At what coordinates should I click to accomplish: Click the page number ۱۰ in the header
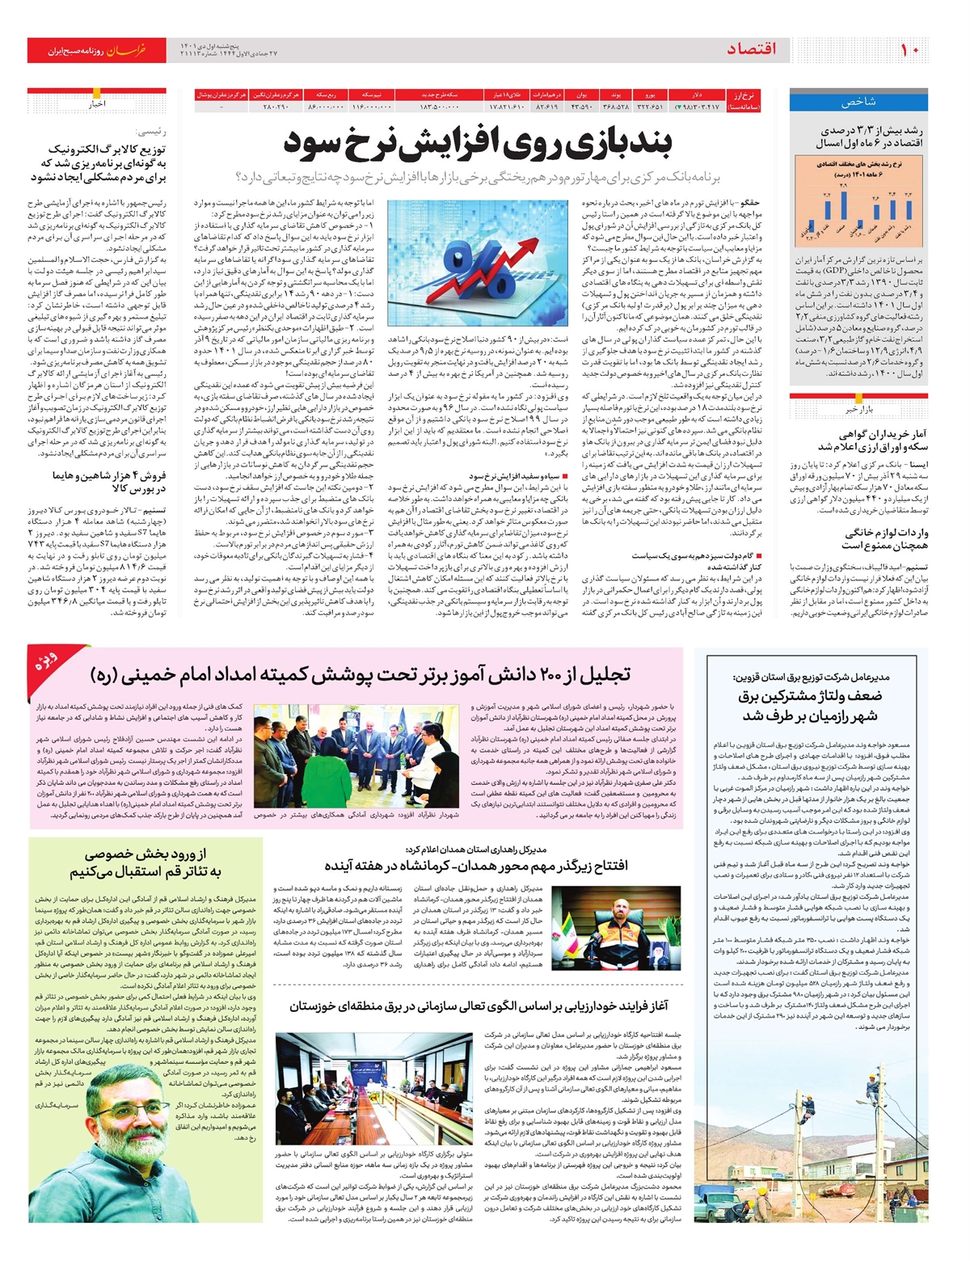tap(909, 50)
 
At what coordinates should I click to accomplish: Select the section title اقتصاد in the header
tap(751, 50)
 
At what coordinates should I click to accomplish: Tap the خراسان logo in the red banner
tap(128, 51)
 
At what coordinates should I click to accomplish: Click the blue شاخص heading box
tap(858, 102)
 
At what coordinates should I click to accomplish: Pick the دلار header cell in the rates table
tap(697, 95)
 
